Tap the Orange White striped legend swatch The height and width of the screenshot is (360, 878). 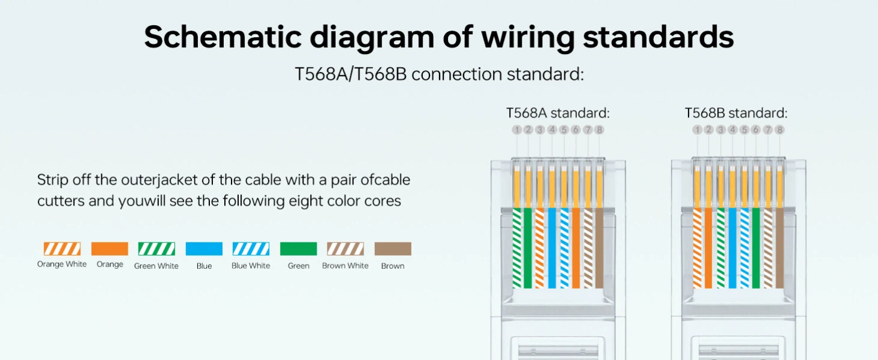(62, 249)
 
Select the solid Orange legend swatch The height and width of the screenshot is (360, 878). (109, 249)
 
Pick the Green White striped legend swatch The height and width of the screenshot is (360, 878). (157, 249)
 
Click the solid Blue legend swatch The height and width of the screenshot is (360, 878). (204, 249)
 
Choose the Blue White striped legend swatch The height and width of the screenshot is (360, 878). (251, 249)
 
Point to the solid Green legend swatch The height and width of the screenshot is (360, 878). (298, 249)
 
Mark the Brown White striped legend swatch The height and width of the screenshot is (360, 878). (345, 249)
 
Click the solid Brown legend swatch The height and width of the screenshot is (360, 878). (393, 249)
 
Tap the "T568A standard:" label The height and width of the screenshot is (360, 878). (558, 113)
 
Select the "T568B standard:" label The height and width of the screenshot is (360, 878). (736, 113)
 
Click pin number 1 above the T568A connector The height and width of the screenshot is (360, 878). (516, 130)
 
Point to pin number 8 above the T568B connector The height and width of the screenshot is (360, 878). (780, 130)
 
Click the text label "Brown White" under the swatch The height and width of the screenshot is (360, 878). (345, 266)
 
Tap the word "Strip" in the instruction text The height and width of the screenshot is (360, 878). (52, 180)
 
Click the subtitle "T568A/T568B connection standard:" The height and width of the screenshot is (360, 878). (439, 74)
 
